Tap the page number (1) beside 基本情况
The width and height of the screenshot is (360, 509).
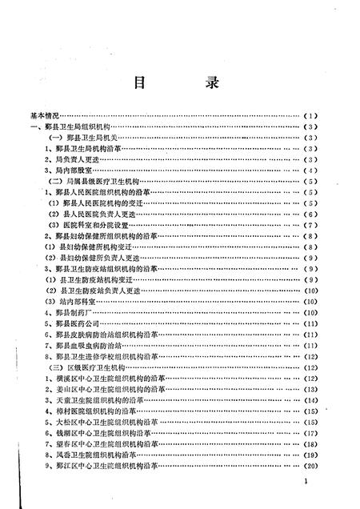click(312, 116)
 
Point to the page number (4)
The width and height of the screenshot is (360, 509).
click(312, 170)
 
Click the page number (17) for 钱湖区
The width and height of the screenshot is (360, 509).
click(312, 432)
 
